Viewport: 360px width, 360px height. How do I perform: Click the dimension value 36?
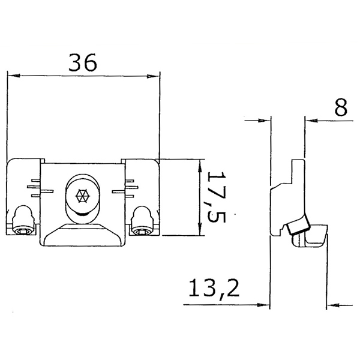coord(83,63)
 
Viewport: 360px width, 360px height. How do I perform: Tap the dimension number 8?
coord(340,108)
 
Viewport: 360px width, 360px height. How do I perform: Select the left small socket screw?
coord(23,230)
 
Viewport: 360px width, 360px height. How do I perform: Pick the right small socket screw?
coord(142,230)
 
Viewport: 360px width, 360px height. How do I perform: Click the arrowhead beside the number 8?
coord(310,120)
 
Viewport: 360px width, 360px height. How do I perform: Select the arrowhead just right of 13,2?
coord(263,304)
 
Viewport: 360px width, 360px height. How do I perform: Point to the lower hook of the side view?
coord(312,240)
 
